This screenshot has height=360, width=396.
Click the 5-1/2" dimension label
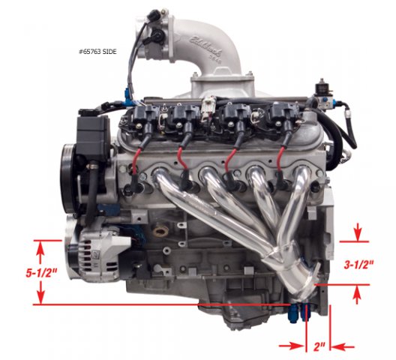click(42, 273)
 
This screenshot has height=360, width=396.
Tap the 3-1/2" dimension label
click(358, 265)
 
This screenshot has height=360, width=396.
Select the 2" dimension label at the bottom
click(319, 346)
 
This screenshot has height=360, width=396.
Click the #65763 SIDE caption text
click(97, 52)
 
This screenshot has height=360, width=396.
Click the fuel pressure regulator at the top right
click(322, 94)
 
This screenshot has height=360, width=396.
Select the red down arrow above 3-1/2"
click(358, 232)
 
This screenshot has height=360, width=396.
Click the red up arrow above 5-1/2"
click(40, 253)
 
